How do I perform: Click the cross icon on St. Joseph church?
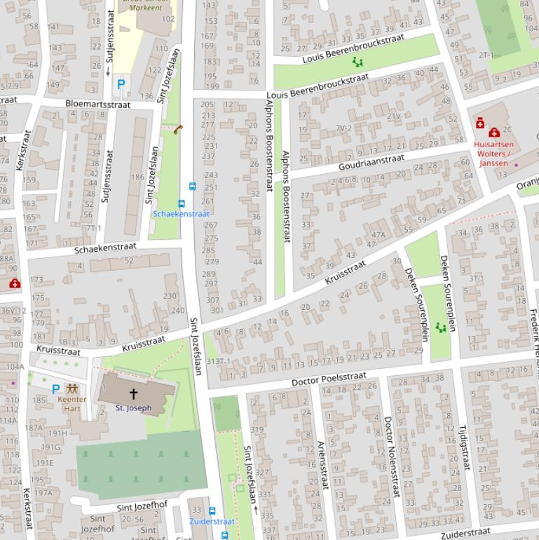(x=133, y=394)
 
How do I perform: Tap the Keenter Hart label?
(x=72, y=404)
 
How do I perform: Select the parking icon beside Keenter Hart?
(x=56, y=389)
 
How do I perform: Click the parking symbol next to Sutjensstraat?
(x=121, y=83)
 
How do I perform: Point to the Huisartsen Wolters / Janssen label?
(x=493, y=154)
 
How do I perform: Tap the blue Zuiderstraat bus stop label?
(x=212, y=522)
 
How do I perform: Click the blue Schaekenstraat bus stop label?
(x=181, y=214)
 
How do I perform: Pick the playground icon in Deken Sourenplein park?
(x=441, y=328)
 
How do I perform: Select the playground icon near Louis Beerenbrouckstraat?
(x=358, y=63)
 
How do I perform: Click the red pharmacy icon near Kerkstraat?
(x=15, y=283)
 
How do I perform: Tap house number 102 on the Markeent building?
(x=168, y=19)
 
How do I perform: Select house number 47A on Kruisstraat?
(x=378, y=235)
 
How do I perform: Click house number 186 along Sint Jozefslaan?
(x=137, y=177)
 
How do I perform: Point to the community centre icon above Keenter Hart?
(x=71, y=389)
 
